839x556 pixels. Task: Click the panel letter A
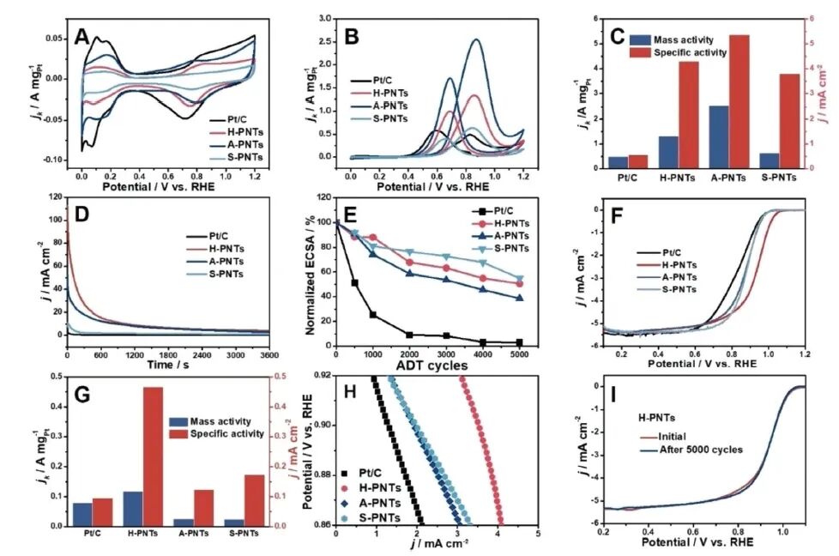click(82, 36)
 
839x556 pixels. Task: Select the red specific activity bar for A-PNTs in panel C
click(739, 100)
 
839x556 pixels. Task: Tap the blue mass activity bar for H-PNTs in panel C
click(668, 152)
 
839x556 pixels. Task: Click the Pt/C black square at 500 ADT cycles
click(354, 282)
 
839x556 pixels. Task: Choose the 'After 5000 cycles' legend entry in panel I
click(698, 449)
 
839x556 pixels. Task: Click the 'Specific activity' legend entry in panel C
click(690, 52)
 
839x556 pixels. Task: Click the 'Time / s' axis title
click(167, 365)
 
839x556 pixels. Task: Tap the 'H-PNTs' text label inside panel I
click(655, 417)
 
